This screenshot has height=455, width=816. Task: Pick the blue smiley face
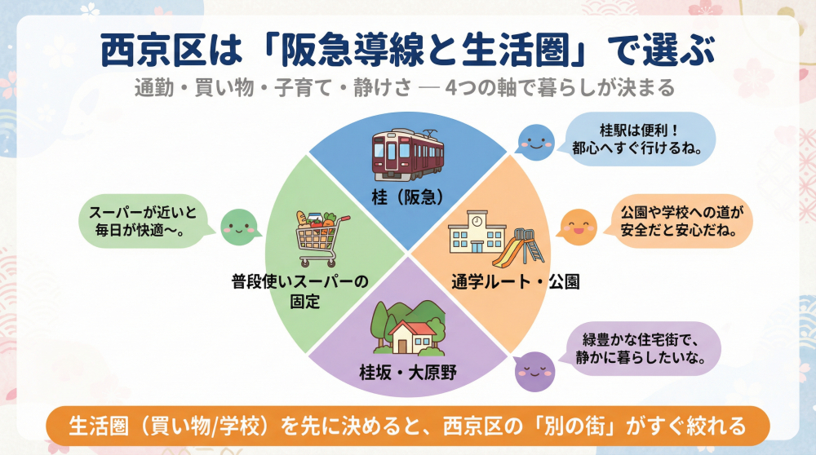coord(534,140)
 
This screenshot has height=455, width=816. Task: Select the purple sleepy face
coord(534,369)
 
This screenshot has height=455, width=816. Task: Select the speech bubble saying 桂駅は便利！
coord(640,139)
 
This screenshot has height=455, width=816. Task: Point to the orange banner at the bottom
coord(407,426)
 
